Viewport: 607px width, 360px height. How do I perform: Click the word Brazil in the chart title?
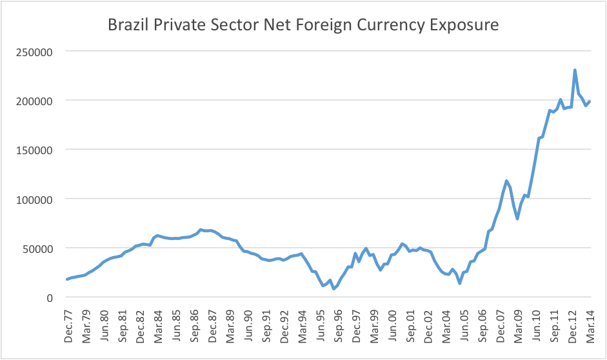(x=127, y=26)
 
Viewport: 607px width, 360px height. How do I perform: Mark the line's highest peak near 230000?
(x=574, y=70)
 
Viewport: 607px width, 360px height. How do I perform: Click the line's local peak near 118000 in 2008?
(x=506, y=181)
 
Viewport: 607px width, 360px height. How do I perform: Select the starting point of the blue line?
(x=67, y=279)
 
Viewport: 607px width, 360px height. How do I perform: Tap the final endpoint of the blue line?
(x=590, y=101)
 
